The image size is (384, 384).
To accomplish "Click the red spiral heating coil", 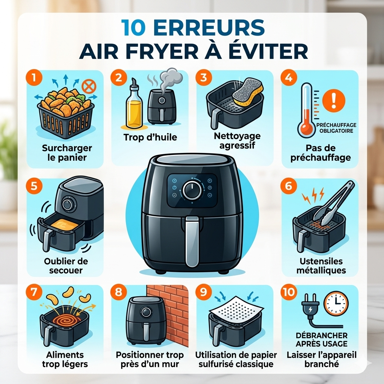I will [66, 322].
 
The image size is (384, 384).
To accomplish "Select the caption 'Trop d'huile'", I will [150, 138].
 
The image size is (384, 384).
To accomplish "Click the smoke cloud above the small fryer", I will [167, 78].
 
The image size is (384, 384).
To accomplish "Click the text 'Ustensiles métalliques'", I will [321, 265].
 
